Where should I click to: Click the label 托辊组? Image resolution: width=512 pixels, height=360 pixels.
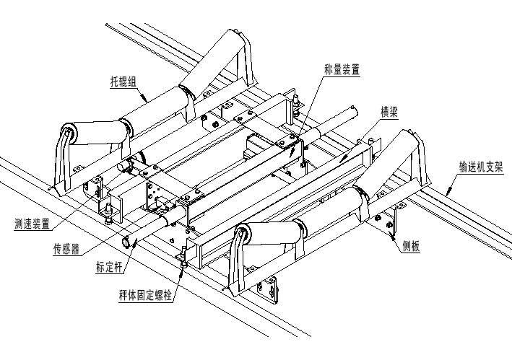[x=126, y=82]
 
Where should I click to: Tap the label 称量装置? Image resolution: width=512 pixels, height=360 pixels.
[x=342, y=69]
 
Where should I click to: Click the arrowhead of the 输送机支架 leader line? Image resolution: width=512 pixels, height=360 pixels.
[x=446, y=196]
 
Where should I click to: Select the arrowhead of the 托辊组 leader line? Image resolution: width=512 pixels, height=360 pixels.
[x=150, y=99]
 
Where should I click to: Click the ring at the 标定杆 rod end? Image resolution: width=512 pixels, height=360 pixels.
[x=127, y=242]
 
